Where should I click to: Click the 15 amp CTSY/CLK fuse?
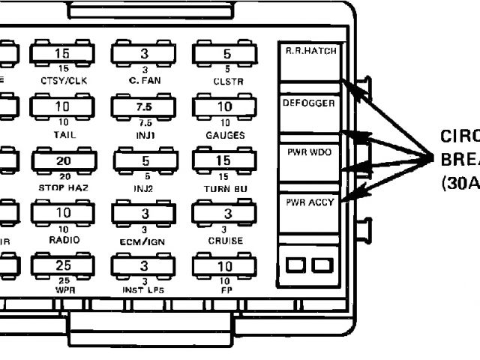[62, 54]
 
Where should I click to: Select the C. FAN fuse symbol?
[143, 54]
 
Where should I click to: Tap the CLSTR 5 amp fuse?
[224, 54]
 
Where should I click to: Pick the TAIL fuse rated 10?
[62, 108]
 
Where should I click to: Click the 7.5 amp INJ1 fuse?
[143, 108]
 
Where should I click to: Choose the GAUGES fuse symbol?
[224, 108]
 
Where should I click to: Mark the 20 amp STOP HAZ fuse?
[62, 160]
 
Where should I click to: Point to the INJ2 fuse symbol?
[143, 160]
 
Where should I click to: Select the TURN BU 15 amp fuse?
[224, 160]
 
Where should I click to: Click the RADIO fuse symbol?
[62, 214]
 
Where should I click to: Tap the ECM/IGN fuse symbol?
[143, 214]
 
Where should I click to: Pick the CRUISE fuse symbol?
[224, 214]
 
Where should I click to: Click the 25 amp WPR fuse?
[62, 266]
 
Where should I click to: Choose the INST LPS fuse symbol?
[143, 266]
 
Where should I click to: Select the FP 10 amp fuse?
[224, 266]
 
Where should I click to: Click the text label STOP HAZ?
[62, 187]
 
